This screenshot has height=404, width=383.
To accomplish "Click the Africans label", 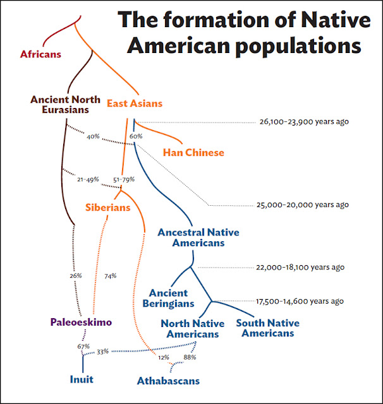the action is pyautogui.click(x=40, y=54).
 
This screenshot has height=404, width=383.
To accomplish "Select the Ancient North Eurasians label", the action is pyautogui.click(x=65, y=105).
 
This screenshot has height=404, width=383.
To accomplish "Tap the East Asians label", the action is pyautogui.click(x=135, y=104).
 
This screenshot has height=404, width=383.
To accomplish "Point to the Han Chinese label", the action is pyautogui.click(x=193, y=153).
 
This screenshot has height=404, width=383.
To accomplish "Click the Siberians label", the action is pyautogui.click(x=108, y=208).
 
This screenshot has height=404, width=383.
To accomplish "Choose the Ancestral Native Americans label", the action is pyautogui.click(x=198, y=237).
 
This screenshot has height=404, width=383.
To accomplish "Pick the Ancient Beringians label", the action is pyautogui.click(x=168, y=299).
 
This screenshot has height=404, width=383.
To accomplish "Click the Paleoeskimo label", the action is pyautogui.click(x=81, y=322).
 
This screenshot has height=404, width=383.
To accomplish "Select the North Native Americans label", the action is pyautogui.click(x=192, y=329).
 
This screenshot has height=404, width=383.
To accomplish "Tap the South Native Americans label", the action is pyautogui.click(x=268, y=328).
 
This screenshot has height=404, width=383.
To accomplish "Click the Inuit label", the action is pyautogui.click(x=82, y=379).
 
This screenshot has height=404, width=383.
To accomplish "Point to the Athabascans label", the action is pyautogui.click(x=168, y=381).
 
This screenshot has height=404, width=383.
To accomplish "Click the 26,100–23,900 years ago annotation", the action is pyautogui.click(x=304, y=122).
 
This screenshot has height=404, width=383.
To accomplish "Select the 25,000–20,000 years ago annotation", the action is pyautogui.click(x=303, y=205).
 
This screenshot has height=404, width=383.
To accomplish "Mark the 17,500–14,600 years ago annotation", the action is pyautogui.click(x=300, y=301).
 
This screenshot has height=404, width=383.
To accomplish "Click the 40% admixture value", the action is pyautogui.click(x=93, y=136).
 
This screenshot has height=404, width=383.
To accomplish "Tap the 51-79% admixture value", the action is pyautogui.click(x=124, y=179).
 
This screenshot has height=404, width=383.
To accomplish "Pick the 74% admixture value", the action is pyautogui.click(x=111, y=276).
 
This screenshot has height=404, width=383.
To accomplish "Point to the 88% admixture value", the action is pyautogui.click(x=190, y=357).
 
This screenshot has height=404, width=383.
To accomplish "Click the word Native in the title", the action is pyautogui.click(x=336, y=20).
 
